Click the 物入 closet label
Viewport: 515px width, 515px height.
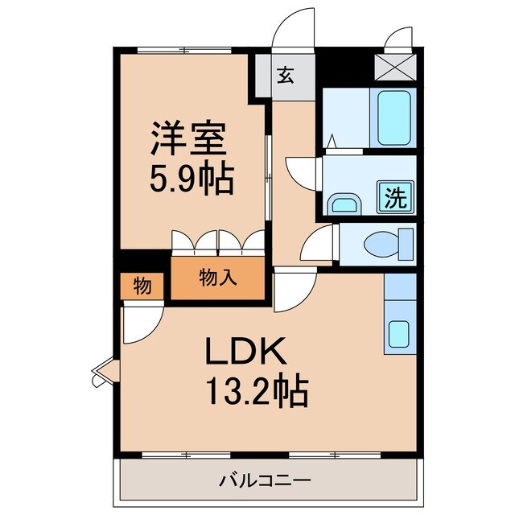[x=217, y=278]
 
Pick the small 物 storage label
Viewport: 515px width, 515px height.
[x=141, y=286]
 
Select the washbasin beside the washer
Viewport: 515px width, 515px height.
[x=345, y=203]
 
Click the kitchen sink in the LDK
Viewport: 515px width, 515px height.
[x=398, y=332]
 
